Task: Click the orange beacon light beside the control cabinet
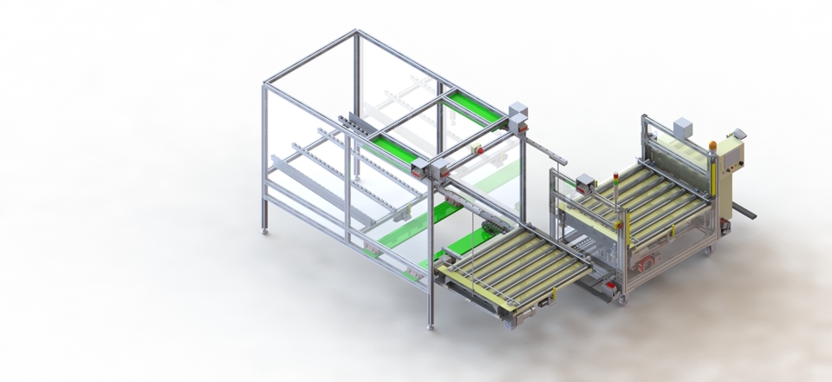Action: [712, 145]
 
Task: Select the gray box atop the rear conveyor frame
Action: [683, 128]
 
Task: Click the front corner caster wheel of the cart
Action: [621, 300]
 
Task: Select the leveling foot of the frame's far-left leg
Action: [265, 232]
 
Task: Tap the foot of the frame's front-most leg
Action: [430, 327]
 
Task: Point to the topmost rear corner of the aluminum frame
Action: [356, 32]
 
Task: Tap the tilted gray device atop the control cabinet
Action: [738, 135]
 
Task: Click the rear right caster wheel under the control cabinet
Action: [707, 251]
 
